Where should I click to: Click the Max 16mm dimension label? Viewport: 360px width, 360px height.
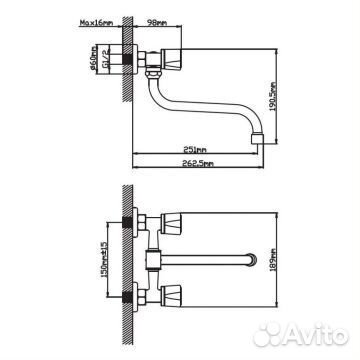(97, 23)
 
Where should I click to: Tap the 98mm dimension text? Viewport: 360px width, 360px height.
(157, 23)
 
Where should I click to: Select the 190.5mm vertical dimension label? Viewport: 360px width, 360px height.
(273, 97)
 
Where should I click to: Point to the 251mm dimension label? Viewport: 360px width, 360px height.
(195, 150)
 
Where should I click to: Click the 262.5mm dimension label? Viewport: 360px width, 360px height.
(199, 163)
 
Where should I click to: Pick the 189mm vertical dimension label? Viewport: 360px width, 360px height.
(273, 260)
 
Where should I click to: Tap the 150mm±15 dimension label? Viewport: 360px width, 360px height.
(104, 260)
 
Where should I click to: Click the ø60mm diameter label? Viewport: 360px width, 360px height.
(93, 59)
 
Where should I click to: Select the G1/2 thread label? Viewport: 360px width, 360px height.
(105, 59)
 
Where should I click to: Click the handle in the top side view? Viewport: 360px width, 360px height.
(171, 59)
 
